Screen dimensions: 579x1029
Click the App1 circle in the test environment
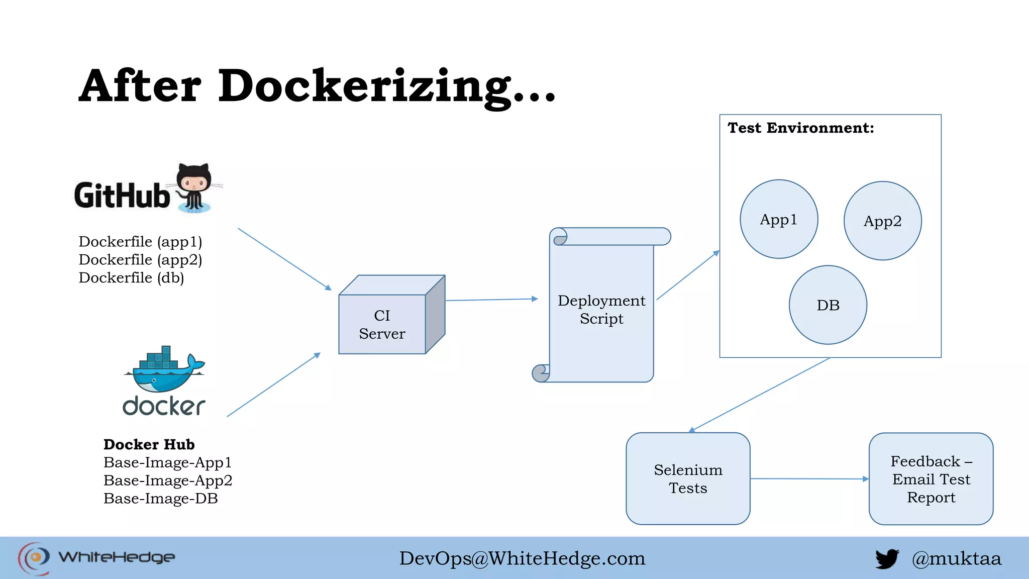pyautogui.click(x=779, y=219)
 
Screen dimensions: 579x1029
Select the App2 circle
pyautogui.click(x=882, y=221)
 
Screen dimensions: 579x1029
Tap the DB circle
pyautogui.click(x=828, y=305)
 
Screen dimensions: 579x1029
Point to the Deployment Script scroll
pyautogui.click(x=601, y=309)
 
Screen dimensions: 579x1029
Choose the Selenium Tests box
pyautogui.click(x=688, y=478)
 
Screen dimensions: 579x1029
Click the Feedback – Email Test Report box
pyautogui.click(x=931, y=478)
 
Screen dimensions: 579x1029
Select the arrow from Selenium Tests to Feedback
pyautogui.click(x=809, y=478)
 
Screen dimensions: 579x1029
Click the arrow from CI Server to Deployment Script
pyautogui.click(x=491, y=300)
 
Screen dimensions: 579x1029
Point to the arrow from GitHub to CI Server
pyautogui.click(x=284, y=259)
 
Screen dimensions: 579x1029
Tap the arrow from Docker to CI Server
pyautogui.click(x=274, y=385)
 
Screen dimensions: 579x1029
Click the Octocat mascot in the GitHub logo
pyautogui.click(x=193, y=187)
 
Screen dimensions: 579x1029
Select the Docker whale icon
pyautogui.click(x=164, y=371)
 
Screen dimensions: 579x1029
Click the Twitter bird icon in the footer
pyautogui.click(x=887, y=558)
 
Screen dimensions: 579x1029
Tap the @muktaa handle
pyautogui.click(x=956, y=558)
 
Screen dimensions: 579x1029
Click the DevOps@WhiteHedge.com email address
pyautogui.click(x=522, y=558)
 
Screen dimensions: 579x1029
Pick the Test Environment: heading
pyautogui.click(x=801, y=128)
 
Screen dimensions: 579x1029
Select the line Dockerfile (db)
pyautogui.click(x=131, y=277)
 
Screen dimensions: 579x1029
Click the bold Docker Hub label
pyautogui.click(x=149, y=444)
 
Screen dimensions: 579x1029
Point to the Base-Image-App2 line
pyautogui.click(x=168, y=480)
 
